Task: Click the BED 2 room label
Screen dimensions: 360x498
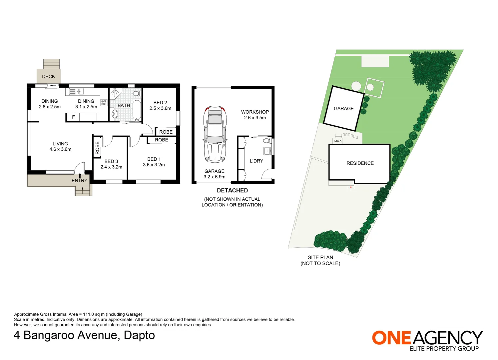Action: pos(160,103)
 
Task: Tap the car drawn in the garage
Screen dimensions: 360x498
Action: pos(215,134)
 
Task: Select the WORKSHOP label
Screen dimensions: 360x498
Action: pos(255,112)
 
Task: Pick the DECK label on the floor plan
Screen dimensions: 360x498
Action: pos(48,76)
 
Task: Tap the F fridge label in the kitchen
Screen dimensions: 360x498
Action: pos(73,117)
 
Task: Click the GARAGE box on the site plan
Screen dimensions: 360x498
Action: pos(343,108)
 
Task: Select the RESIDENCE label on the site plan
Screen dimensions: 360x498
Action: pos(360,163)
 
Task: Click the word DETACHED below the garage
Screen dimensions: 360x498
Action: pos(232,191)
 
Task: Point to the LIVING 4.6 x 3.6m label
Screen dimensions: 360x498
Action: pos(60,147)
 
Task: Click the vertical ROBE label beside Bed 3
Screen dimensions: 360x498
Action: pos(97,148)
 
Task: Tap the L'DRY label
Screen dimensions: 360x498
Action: pos(256,161)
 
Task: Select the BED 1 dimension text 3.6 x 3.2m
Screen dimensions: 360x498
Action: pos(154,165)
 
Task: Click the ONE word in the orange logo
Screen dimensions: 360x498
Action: pos(392,338)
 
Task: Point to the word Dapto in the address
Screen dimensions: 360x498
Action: pos(139,335)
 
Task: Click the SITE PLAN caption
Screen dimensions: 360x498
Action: pos(320,257)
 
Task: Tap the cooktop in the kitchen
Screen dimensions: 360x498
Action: pos(104,103)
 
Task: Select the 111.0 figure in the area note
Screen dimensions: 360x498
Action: pos(88,314)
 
